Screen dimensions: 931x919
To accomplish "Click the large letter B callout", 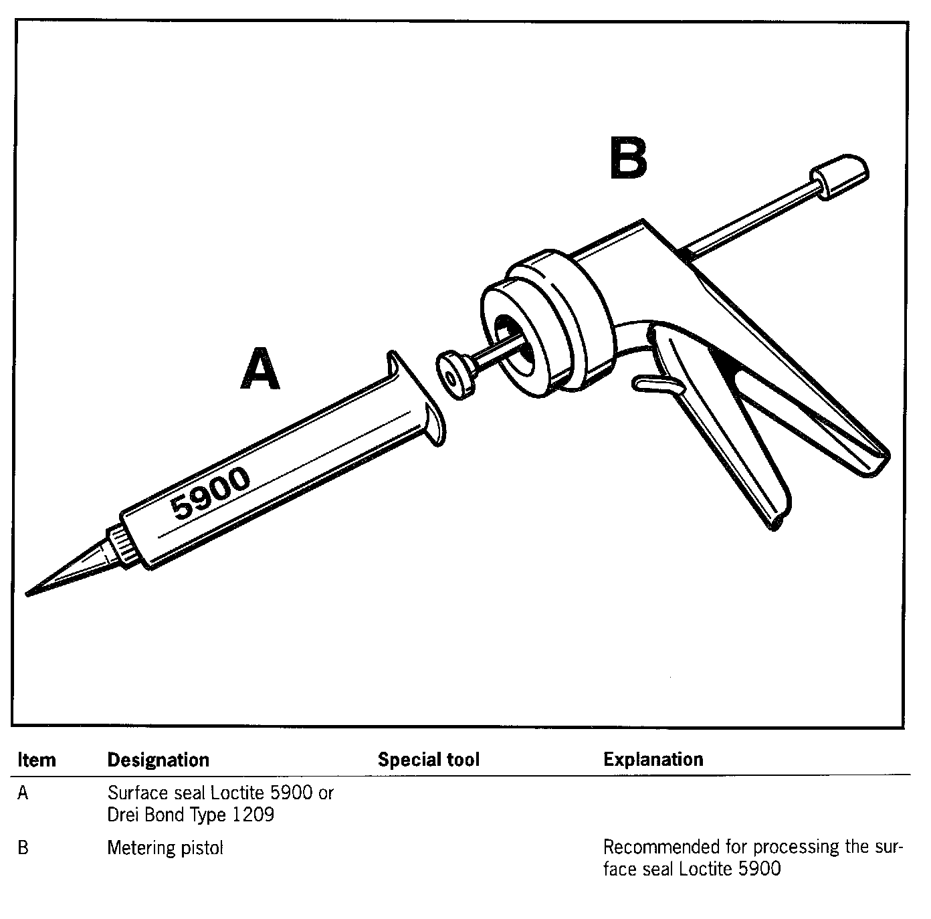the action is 628,159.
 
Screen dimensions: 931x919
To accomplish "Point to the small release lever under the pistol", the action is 658,384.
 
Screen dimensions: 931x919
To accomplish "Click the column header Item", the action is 37,760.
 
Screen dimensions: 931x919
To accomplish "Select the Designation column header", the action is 159,760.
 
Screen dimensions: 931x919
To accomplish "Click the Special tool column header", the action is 429,760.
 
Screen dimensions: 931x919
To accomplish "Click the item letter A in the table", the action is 23,793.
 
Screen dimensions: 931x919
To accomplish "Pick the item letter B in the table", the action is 23,848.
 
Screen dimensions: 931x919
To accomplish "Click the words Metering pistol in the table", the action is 165,848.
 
